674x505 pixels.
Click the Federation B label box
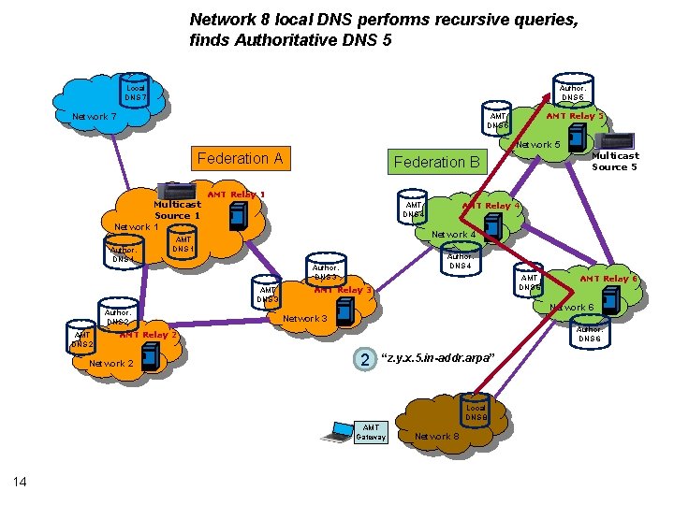[436, 162]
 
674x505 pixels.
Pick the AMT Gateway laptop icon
[334, 432]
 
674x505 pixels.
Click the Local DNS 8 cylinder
[476, 412]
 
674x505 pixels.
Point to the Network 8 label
[436, 437]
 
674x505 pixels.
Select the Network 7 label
[95, 118]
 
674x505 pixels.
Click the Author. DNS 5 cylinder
[571, 90]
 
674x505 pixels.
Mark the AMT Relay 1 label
[236, 195]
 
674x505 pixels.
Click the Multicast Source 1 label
[177, 209]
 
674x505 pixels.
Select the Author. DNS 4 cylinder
[460, 260]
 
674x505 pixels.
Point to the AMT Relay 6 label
[608, 279]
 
